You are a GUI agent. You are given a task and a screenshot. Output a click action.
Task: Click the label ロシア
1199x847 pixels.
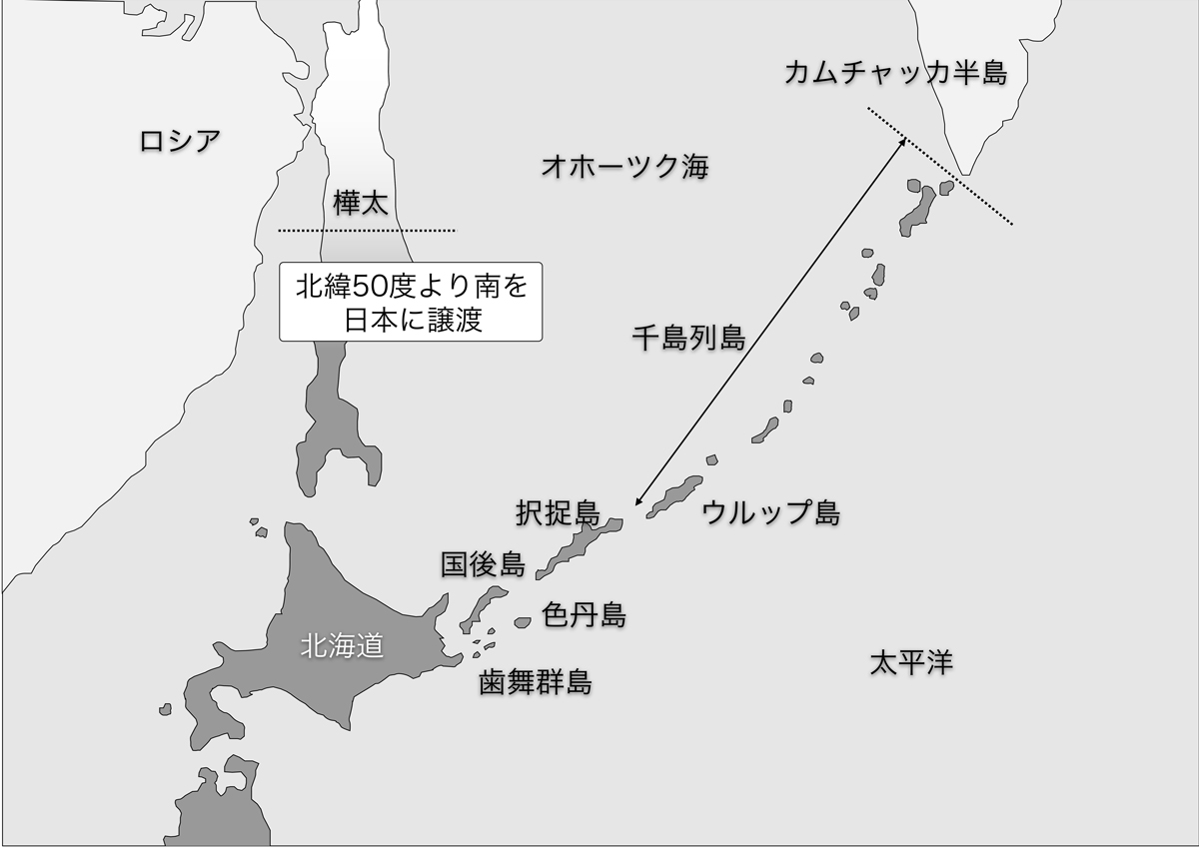[x=180, y=141]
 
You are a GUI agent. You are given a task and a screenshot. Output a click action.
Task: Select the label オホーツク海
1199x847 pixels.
[x=624, y=166]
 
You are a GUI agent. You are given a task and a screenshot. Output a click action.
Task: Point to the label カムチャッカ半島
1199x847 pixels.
[x=894, y=72]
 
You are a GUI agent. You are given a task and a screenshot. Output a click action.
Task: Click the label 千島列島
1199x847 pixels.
[x=688, y=338]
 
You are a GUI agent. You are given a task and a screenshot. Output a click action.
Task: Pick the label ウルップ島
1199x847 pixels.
[x=770, y=513]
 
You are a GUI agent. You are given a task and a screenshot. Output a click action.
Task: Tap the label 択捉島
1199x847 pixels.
[x=558, y=513]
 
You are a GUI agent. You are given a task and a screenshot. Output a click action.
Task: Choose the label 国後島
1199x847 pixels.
[x=483, y=565]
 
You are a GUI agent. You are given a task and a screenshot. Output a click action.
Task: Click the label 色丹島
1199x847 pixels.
[x=584, y=615]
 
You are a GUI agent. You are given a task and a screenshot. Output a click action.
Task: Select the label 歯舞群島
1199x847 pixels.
[x=535, y=683]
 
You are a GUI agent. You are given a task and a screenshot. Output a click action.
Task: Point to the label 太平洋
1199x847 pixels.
[x=910, y=662]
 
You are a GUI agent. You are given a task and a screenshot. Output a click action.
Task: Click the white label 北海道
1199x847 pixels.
[x=342, y=647]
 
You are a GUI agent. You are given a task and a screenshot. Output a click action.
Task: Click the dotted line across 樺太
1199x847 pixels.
[x=366, y=231]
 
